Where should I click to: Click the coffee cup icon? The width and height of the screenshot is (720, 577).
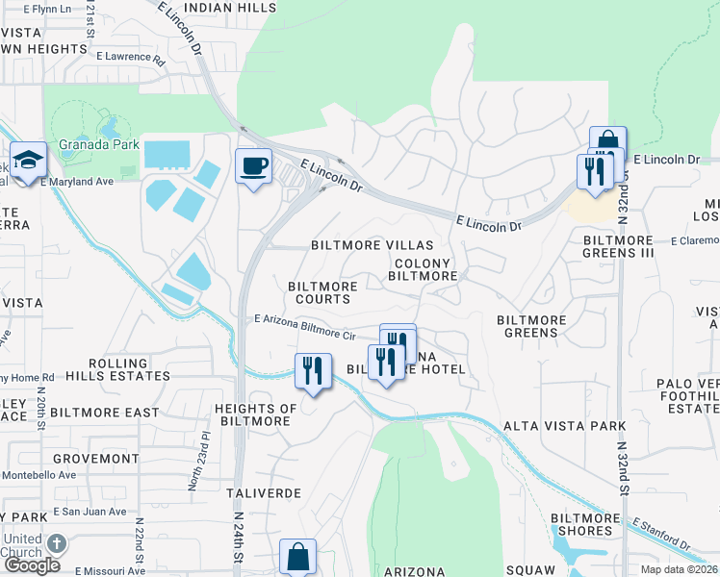coord(254,165)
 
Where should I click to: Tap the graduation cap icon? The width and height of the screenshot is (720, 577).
coord(29,160)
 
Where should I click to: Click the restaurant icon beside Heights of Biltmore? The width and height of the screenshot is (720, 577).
coord(313,370)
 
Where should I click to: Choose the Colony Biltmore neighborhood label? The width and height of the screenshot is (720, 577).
coord(422,269)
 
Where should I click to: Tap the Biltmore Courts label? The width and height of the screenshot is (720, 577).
coord(322,292)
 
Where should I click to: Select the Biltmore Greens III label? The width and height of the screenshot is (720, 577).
coord(619,246)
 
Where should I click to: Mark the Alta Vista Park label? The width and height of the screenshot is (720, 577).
coord(564,425)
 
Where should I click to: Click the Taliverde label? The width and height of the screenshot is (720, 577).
coord(264,492)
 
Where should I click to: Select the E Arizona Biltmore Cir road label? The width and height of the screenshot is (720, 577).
coord(305,326)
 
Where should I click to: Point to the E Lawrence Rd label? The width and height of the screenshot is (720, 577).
coord(130,57)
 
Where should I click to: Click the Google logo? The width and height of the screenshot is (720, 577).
coord(33,565)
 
